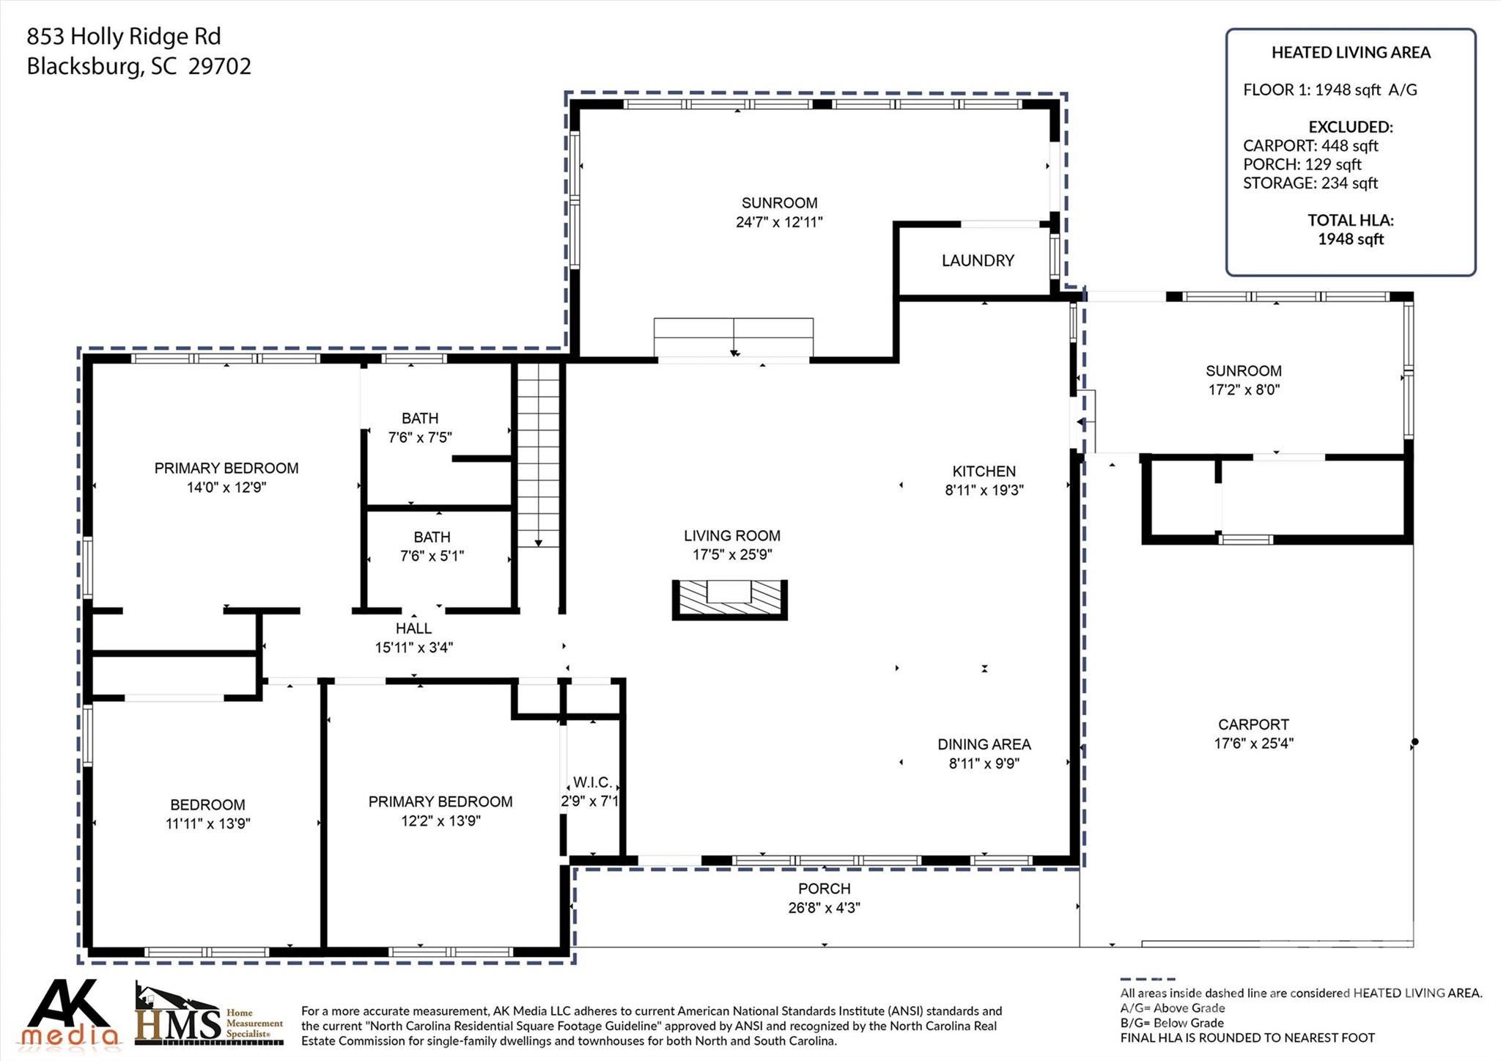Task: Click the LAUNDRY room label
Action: click(x=978, y=260)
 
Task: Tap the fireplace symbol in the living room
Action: click(x=730, y=600)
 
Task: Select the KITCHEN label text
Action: click(x=984, y=471)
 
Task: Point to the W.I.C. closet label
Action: click(x=592, y=782)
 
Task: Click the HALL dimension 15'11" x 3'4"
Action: click(x=414, y=647)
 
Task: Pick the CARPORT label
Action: click(x=1253, y=724)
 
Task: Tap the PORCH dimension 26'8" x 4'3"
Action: click(x=825, y=908)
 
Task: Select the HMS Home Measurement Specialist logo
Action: click(x=209, y=1015)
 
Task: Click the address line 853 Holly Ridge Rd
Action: click(x=124, y=36)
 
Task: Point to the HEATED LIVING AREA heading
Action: click(x=1351, y=52)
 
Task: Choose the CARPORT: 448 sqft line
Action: click(x=1310, y=145)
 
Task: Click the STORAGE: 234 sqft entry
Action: click(x=1310, y=183)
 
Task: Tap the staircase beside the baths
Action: click(x=539, y=455)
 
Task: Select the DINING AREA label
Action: click(x=984, y=744)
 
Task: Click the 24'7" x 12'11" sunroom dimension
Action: click(x=779, y=222)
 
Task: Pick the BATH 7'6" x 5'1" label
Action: click(x=432, y=546)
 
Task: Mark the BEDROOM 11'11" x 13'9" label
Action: click(x=208, y=814)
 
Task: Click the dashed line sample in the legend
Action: click(x=1148, y=979)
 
